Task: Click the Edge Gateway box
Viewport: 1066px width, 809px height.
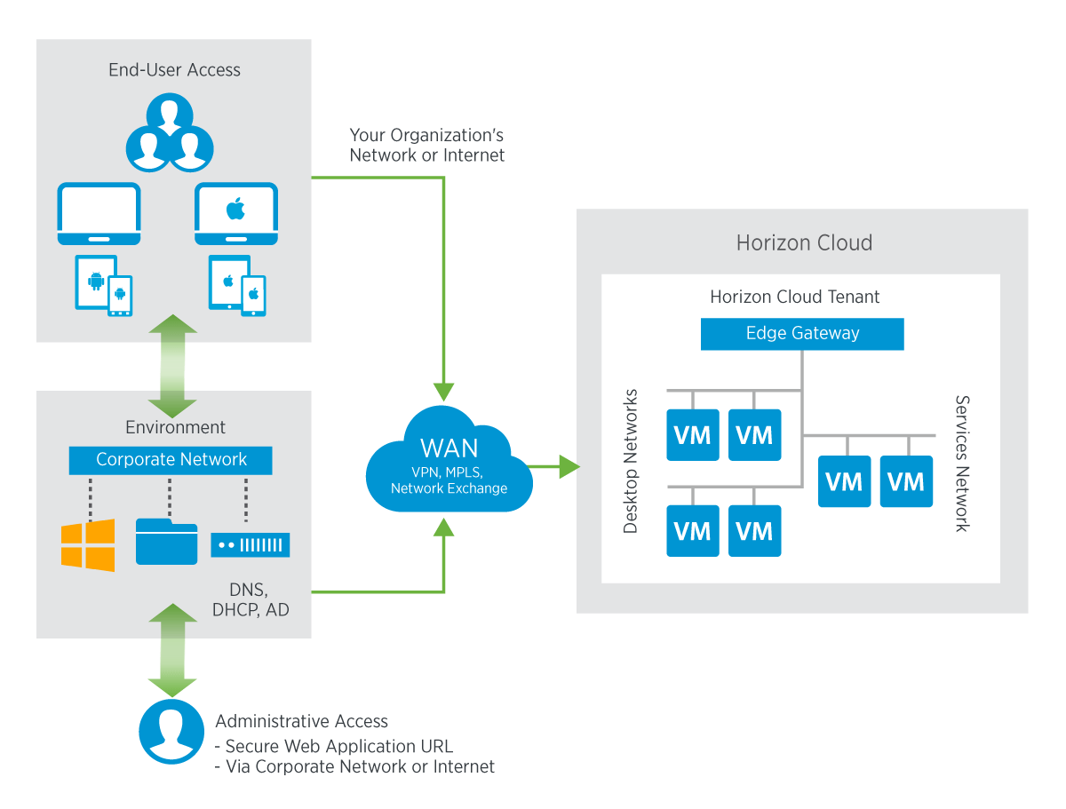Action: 802,334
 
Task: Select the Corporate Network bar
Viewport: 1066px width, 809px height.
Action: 171,460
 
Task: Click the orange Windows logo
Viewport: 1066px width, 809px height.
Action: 88,545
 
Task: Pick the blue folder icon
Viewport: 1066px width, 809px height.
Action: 167,541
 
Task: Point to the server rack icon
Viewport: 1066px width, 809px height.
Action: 251,544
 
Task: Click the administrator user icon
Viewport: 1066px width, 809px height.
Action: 171,732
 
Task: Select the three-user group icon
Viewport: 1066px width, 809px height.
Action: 170,132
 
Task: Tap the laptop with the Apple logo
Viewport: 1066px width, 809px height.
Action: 236,213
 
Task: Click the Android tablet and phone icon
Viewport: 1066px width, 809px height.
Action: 103,285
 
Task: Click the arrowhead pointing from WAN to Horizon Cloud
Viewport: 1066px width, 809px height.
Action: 569,466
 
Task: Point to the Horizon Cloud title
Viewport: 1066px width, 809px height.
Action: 804,242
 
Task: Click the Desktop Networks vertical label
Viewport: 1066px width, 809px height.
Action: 630,461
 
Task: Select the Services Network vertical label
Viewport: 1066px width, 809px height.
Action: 961,464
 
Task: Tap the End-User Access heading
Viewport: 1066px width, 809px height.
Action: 174,70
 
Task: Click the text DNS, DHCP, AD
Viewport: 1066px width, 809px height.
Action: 251,599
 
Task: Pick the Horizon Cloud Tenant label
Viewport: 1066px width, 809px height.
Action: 794,297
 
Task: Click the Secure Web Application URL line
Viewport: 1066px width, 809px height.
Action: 334,746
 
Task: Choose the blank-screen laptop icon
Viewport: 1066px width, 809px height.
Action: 99,213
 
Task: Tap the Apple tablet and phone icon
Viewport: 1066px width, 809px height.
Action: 237,285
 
